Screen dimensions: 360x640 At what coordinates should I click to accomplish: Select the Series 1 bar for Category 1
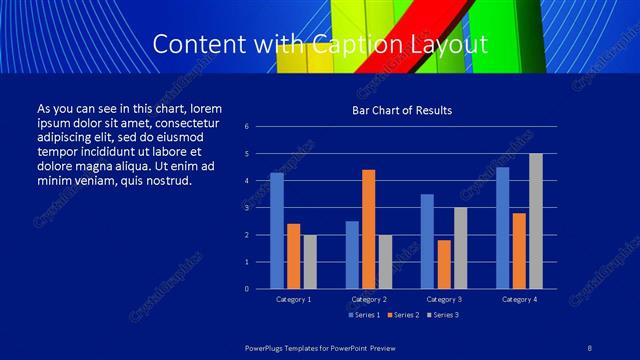click(277, 231)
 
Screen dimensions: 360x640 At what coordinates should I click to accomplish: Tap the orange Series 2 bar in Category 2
click(369, 229)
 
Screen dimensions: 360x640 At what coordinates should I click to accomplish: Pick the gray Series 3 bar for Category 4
click(535, 221)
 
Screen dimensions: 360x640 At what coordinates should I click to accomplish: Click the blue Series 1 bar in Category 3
click(427, 241)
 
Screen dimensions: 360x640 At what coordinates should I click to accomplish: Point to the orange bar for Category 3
click(444, 264)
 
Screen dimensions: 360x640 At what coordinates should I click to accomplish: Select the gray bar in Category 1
click(310, 262)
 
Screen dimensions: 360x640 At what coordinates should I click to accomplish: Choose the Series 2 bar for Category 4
click(519, 251)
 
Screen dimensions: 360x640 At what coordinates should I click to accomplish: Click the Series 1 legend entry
click(363, 315)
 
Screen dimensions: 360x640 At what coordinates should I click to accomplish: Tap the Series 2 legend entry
click(403, 315)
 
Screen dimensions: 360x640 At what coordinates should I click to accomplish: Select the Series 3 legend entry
click(442, 315)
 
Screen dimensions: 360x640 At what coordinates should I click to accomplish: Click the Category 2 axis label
click(368, 299)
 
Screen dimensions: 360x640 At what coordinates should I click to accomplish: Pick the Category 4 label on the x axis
click(518, 299)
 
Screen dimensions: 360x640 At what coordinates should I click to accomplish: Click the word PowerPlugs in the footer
click(270, 347)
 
